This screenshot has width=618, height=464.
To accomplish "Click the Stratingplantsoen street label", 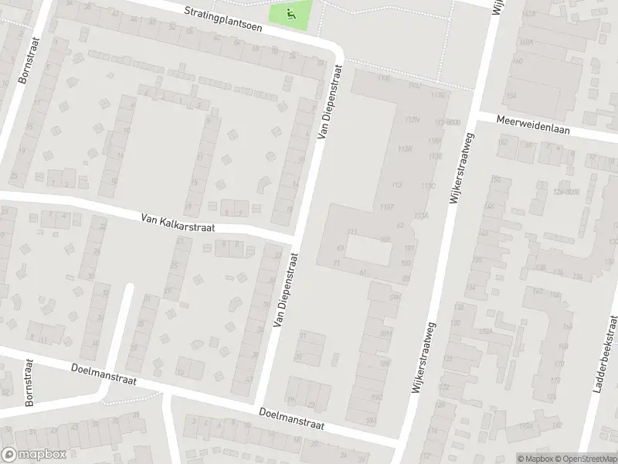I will coord(224,19).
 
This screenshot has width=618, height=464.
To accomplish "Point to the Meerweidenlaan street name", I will coord(533,125).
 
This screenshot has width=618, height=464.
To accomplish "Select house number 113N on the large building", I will coord(412,120).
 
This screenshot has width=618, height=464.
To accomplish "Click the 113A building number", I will coord(421,216).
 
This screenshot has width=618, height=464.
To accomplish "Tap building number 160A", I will coord(527,41).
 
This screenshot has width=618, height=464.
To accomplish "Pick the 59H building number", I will coord(385,333).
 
